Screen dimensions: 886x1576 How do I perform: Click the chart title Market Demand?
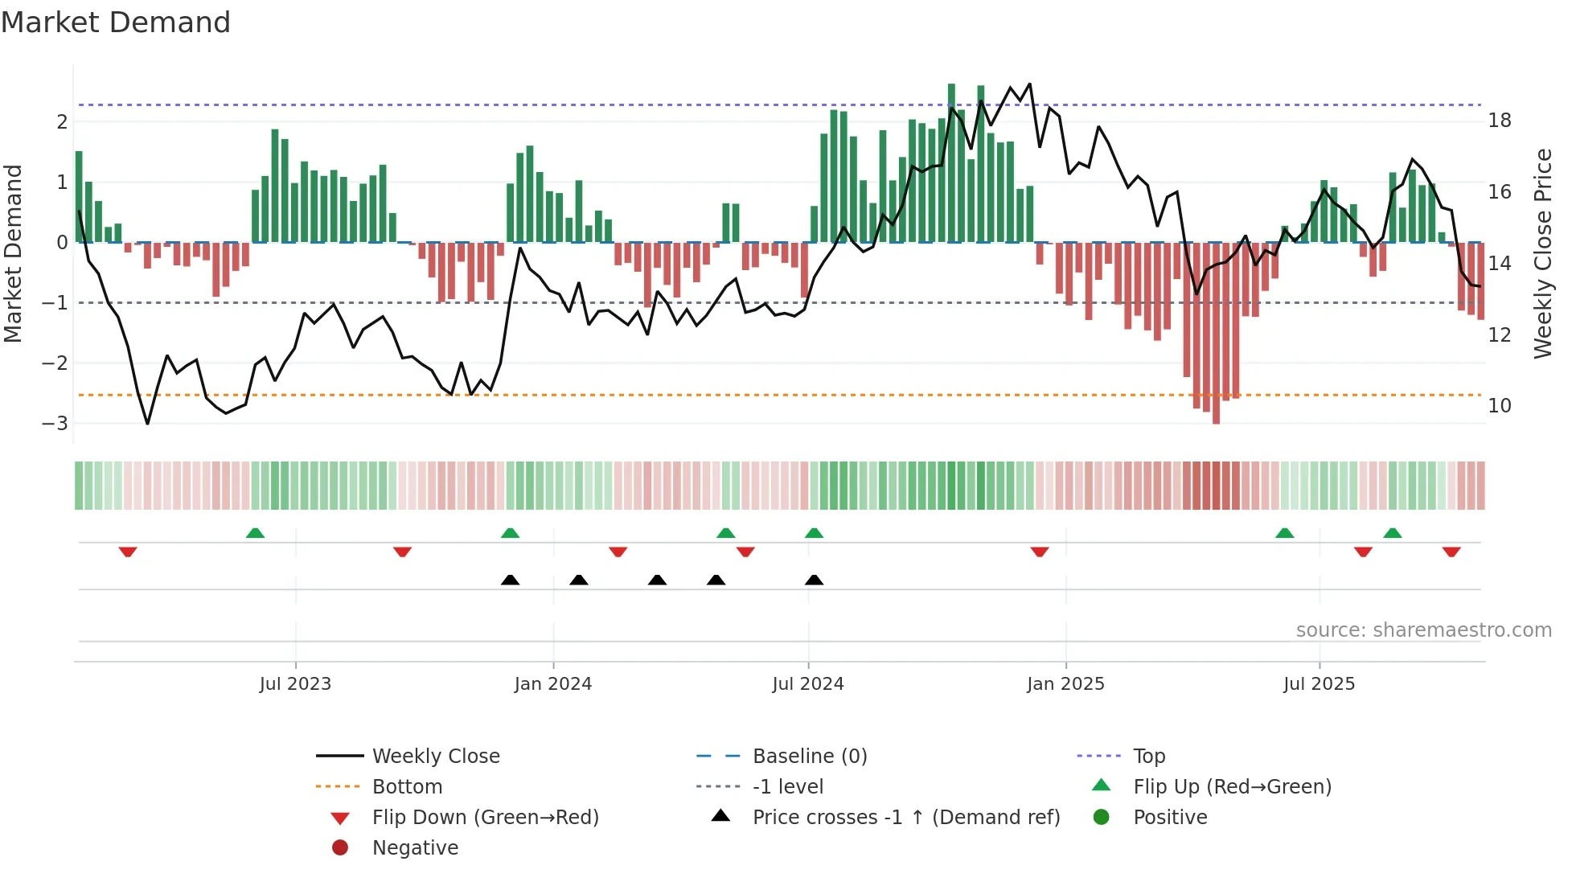116,23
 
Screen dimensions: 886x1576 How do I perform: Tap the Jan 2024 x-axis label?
552,684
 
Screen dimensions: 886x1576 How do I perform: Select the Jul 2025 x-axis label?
1319,684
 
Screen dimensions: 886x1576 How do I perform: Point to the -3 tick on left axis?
55,424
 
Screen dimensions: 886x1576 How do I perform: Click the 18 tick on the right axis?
1499,121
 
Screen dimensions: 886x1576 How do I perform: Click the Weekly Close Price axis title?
1542,253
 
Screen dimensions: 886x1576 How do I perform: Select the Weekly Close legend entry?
435,757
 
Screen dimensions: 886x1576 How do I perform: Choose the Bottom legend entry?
407,787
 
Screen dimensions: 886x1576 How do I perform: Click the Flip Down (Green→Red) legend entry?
485,818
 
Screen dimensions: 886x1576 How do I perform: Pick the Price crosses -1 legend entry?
905,818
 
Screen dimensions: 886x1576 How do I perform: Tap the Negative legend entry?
415,848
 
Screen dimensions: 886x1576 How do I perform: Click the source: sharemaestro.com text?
1423,630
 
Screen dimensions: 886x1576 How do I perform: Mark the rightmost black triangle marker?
814,580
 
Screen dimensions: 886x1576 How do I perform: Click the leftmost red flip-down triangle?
128,552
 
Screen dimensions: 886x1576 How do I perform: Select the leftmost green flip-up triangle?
255,533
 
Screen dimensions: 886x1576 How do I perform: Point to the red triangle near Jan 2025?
1040,552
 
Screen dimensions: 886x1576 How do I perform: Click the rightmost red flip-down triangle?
1451,552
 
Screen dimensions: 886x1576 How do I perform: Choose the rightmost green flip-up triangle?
1393,533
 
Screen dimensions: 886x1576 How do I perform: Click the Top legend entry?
1148,757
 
